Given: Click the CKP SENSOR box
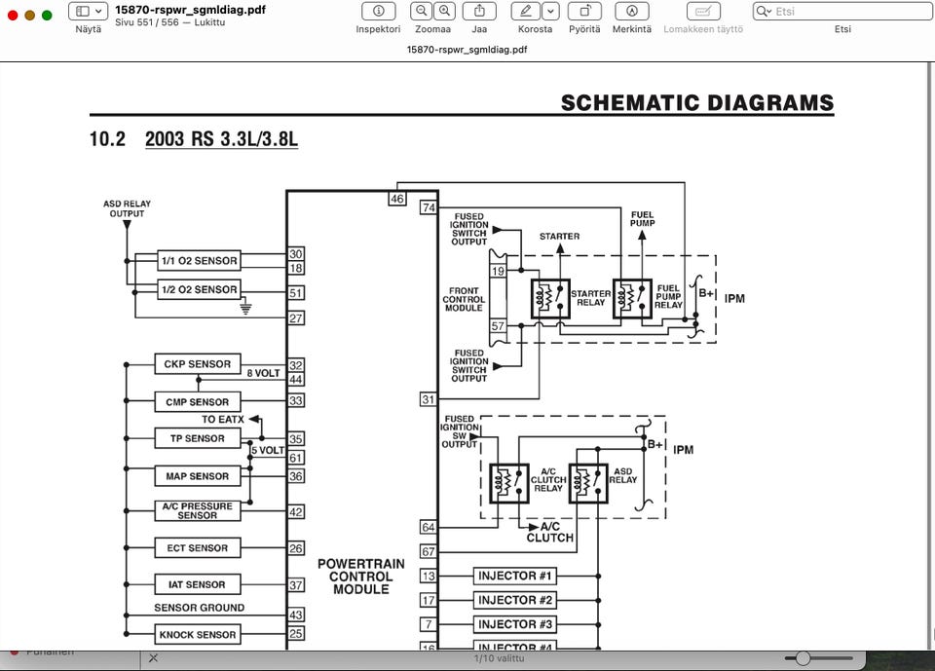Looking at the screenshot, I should click(197, 364).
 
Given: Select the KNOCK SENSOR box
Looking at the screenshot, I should click(197, 635).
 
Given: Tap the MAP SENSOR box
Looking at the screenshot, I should click(197, 476).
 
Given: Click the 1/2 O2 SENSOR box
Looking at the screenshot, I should click(199, 289).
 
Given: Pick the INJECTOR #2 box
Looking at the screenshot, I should click(515, 600).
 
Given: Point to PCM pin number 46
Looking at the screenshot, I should click(396, 199).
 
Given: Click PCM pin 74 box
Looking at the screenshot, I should click(428, 207).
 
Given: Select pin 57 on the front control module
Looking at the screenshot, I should click(498, 326).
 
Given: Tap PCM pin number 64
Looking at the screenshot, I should click(428, 527).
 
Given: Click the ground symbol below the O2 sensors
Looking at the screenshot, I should click(245, 308).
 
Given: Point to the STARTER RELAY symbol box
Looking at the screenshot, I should click(550, 298).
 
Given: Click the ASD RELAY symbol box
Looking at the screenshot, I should click(588, 483).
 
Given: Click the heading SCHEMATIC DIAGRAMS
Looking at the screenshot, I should click(697, 103).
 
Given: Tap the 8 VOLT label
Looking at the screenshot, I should click(263, 373).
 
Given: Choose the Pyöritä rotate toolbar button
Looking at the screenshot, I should click(584, 12).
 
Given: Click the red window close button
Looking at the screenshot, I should click(14, 15).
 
